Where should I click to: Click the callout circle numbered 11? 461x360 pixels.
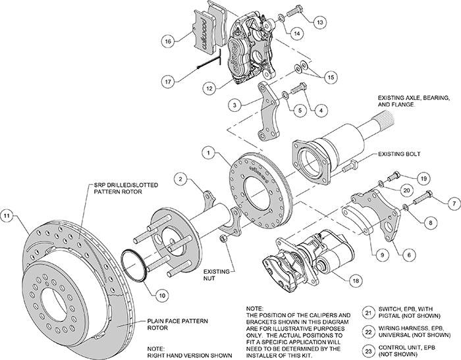point(7,215)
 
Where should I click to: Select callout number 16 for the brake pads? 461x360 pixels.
point(169,41)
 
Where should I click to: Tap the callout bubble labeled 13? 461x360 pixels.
point(319,22)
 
